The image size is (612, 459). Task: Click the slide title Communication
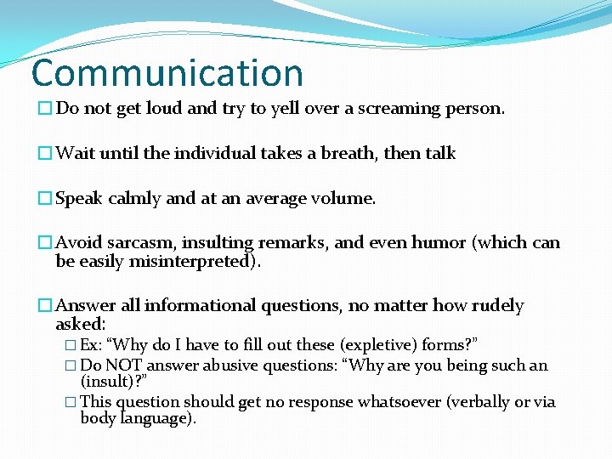click(167, 73)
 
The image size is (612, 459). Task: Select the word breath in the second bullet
click(349, 154)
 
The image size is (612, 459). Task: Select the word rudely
click(494, 306)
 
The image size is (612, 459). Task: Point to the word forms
click(445, 345)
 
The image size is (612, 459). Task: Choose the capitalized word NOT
click(126, 366)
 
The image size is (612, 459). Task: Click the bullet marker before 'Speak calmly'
click(46, 199)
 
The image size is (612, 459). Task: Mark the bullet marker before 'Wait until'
click(46, 154)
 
